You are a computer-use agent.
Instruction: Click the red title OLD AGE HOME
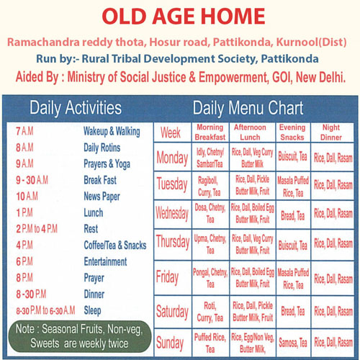click(x=184, y=17)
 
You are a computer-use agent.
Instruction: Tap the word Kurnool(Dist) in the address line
click(x=311, y=42)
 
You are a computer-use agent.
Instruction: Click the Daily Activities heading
click(x=76, y=108)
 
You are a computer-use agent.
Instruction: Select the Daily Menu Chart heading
click(x=248, y=108)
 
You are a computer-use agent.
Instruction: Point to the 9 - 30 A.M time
click(x=32, y=180)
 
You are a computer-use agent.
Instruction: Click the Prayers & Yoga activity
click(x=107, y=164)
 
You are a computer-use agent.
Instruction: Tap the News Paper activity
click(x=102, y=197)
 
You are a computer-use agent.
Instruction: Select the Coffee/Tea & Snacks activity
click(x=115, y=246)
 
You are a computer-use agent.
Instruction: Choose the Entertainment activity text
click(x=105, y=261)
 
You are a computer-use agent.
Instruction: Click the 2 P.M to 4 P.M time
click(x=37, y=229)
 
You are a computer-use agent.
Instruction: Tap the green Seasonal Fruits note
click(x=79, y=336)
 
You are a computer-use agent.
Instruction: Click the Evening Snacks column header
click(x=292, y=132)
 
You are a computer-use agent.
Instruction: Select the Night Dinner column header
click(x=331, y=132)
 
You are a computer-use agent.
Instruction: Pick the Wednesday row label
click(x=172, y=213)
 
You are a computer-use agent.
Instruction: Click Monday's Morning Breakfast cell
click(x=210, y=158)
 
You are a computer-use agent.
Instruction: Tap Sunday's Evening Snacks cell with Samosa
click(x=293, y=343)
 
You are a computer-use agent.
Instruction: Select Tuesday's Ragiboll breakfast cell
click(x=209, y=186)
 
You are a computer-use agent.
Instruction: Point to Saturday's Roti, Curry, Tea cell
click(x=210, y=312)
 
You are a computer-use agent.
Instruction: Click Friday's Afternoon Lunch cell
click(x=253, y=278)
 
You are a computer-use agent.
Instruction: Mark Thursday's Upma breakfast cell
click(x=210, y=244)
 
